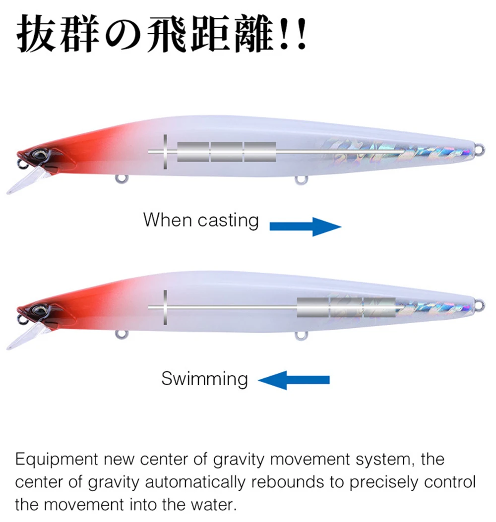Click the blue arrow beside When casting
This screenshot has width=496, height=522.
pos(305,227)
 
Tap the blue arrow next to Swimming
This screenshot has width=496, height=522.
pos(294,380)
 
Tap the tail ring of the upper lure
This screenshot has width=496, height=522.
pos(480,149)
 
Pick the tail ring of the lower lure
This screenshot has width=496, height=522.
pos(480,305)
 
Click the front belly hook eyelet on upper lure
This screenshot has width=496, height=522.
pos(122,179)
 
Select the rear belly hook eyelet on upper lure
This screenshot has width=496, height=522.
pos(301,180)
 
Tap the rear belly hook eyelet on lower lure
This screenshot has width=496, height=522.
pos(301,336)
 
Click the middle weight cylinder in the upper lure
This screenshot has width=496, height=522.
pos(227,152)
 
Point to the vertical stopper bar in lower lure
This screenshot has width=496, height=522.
pos(165,307)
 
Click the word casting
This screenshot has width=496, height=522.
pos(228,221)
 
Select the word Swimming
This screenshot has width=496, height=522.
pos(204,379)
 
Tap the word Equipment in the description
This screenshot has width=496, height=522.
pos(56,460)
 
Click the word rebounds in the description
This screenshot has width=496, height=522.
pos(288,482)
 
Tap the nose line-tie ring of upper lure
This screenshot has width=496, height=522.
pos(21,163)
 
